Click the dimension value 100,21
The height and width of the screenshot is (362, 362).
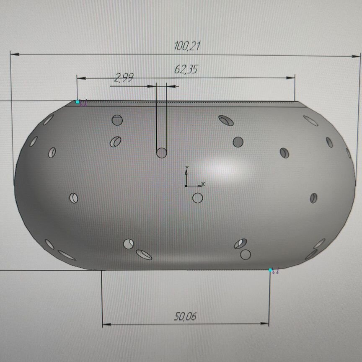[187, 46]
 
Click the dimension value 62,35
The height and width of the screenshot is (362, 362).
[186, 69]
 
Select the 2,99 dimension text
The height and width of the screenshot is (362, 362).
[124, 78]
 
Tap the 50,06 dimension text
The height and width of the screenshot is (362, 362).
[185, 316]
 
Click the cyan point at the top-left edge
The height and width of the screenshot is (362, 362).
[78, 102]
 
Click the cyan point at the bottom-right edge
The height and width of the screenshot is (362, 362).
[270, 270]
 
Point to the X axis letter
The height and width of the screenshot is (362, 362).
[203, 184]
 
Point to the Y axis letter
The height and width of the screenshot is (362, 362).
[187, 168]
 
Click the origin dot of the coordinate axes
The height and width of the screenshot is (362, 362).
[186, 186]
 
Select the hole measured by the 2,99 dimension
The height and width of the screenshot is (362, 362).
[162, 153]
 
